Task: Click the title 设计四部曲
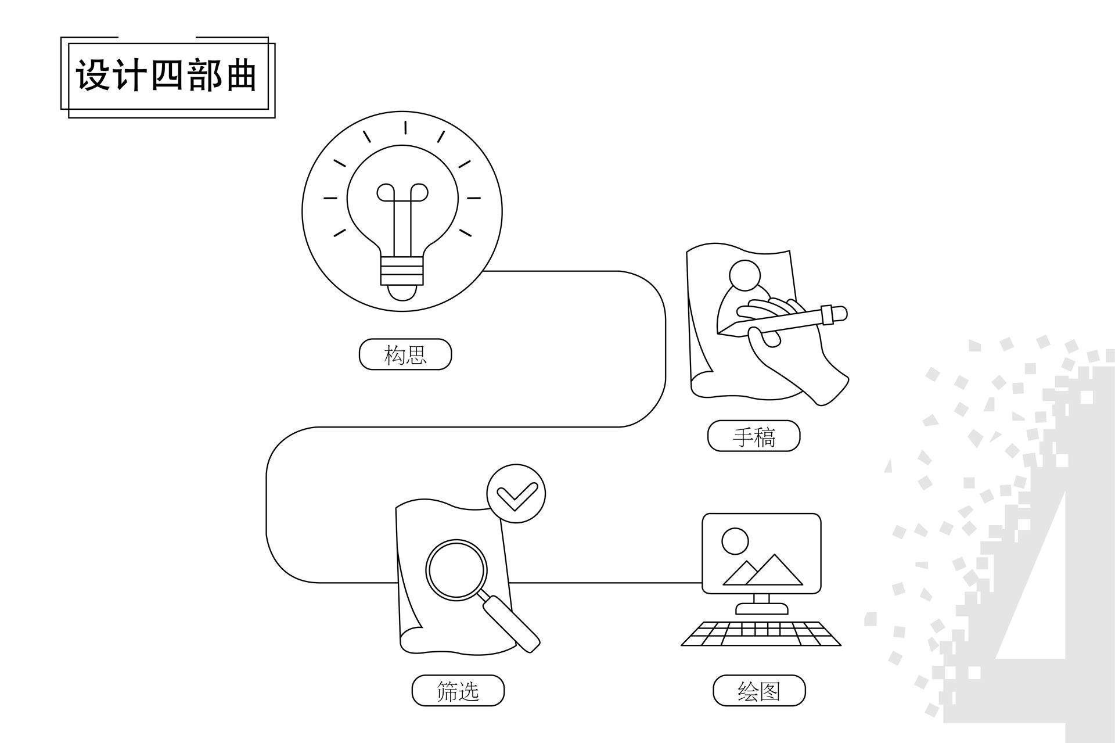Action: tap(167, 76)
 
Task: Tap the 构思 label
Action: tap(405, 354)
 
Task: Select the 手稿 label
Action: tap(754, 436)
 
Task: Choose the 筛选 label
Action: tap(458, 691)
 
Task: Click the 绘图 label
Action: tap(759, 691)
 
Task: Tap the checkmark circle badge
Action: tap(516, 494)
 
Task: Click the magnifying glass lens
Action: tap(456, 569)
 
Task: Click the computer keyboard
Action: tap(761, 634)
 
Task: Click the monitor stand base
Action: tap(762, 608)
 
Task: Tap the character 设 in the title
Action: tap(92, 76)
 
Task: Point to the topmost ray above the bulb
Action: tap(405, 128)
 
